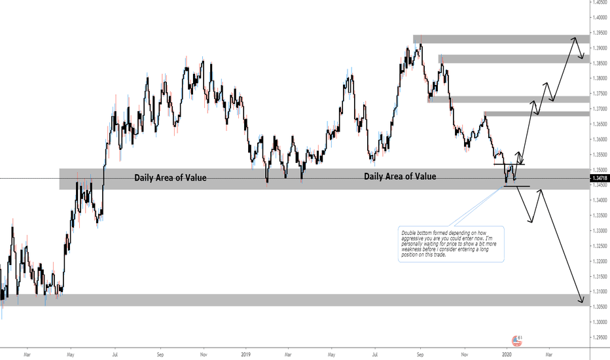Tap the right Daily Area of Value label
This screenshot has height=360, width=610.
[x=400, y=176]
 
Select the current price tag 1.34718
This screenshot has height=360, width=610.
[x=599, y=178]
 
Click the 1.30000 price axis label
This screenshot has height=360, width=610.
[x=599, y=322]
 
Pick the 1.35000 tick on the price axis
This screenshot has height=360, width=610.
[x=599, y=170]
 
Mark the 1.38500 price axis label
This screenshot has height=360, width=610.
[x=599, y=63]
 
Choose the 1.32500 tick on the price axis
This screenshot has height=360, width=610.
[x=599, y=246]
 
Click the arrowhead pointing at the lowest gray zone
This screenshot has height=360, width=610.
[x=581, y=302]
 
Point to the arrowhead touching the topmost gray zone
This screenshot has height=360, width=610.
[x=574, y=39]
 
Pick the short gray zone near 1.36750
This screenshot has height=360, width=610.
[x=537, y=115]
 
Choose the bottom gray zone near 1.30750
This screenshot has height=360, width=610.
[x=295, y=300]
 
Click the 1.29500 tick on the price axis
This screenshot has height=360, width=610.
[x=599, y=337]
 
